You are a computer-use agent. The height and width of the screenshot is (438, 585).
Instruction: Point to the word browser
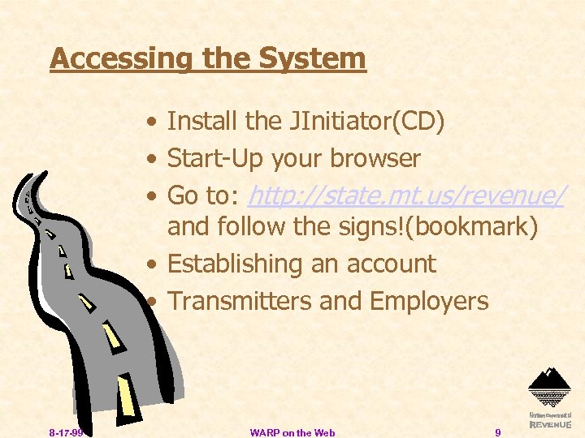[375, 159]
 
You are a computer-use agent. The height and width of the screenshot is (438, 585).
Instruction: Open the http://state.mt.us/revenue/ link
[407, 195]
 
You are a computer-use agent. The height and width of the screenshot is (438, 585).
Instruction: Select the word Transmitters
[240, 302]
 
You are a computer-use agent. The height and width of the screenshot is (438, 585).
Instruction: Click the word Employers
[428, 302]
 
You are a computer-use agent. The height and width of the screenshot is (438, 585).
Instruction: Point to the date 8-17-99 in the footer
[64, 433]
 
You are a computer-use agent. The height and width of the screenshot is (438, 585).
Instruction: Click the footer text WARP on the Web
[292, 433]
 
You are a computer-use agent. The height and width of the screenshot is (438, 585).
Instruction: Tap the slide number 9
[498, 433]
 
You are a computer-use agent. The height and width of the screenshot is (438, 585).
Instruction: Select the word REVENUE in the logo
[550, 424]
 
